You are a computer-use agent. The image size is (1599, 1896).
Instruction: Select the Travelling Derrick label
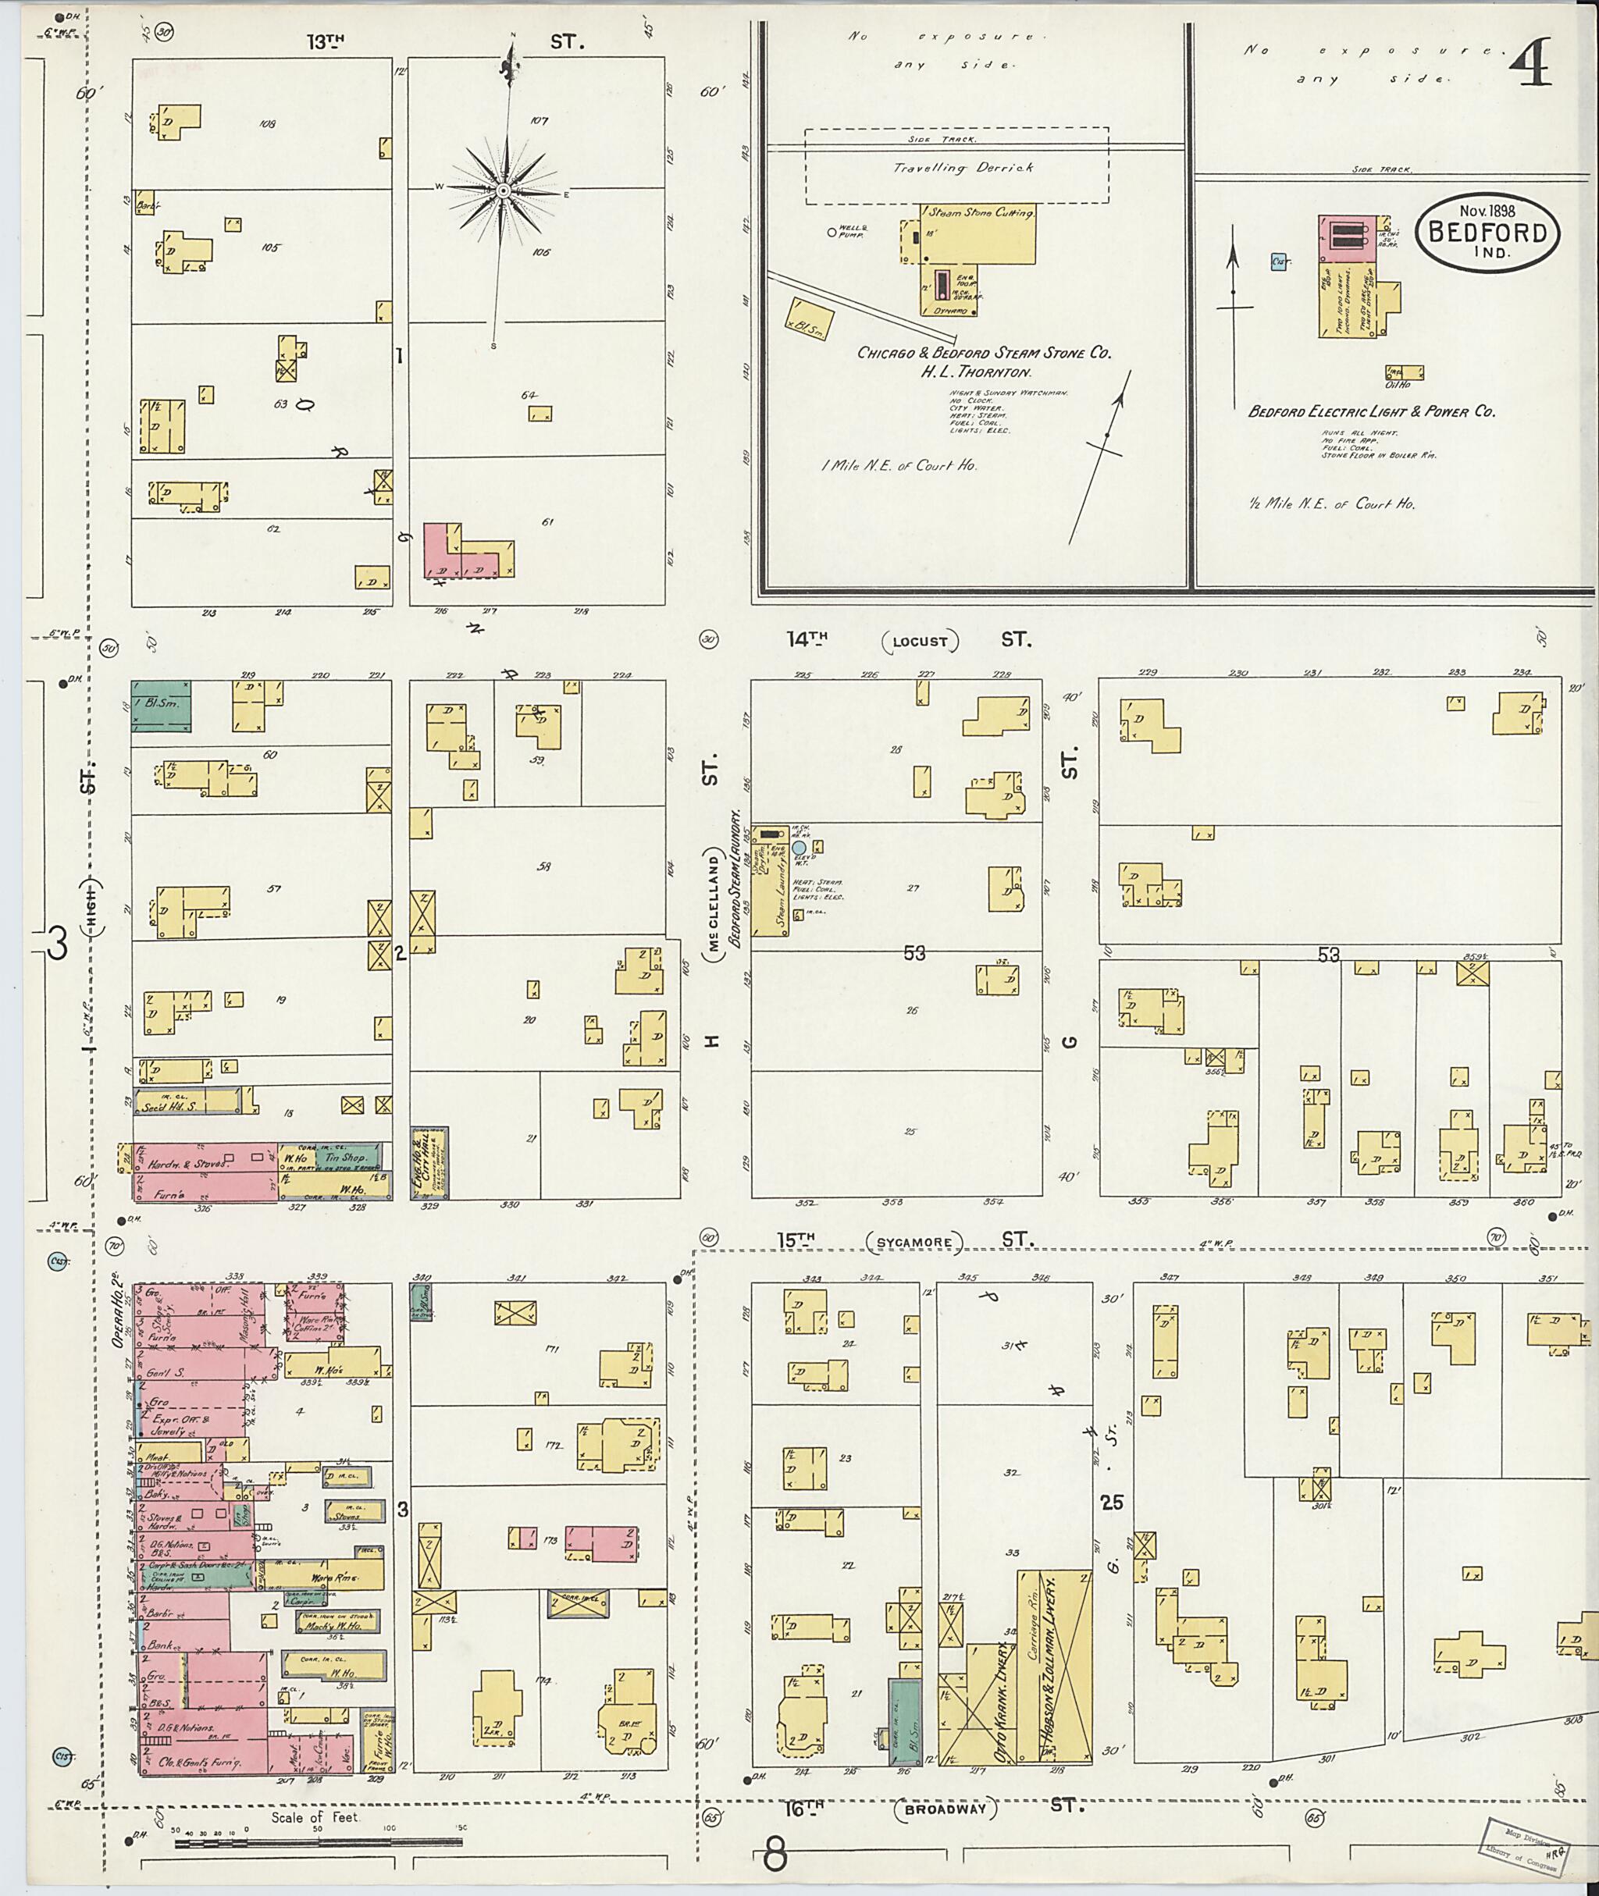963,168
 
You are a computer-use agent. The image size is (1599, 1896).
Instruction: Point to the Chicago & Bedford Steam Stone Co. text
985,353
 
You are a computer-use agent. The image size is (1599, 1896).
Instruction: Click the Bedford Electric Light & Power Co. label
1372,411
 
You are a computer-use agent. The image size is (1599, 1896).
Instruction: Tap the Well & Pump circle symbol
832,232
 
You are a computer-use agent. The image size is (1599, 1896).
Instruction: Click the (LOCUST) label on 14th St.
920,642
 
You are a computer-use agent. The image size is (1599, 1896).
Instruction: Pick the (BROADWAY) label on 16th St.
946,1810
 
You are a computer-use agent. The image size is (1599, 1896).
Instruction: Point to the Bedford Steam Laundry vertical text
736,877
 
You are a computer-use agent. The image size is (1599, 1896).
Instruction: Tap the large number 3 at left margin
56,945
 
